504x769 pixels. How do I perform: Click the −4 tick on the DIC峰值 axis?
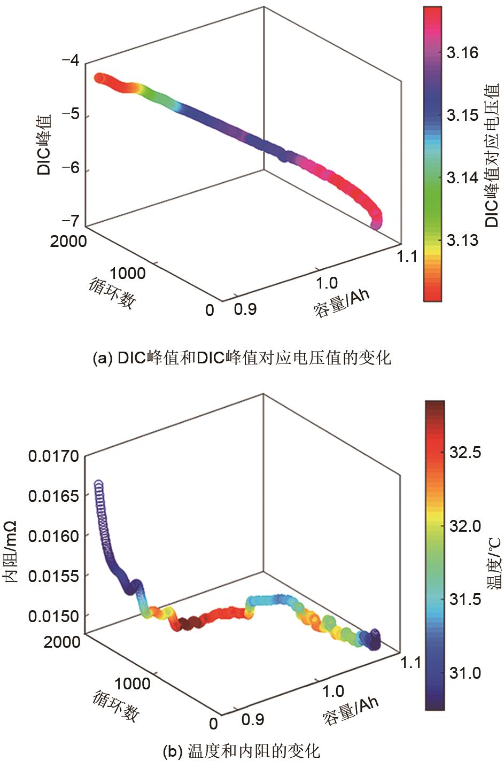click(71, 60)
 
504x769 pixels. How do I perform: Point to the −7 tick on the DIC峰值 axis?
click(71, 220)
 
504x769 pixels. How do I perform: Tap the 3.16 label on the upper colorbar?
click(462, 53)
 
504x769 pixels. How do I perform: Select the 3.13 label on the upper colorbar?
click(462, 240)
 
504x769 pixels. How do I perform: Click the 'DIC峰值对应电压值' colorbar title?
click(492, 155)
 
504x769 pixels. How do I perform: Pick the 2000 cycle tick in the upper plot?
click(68, 242)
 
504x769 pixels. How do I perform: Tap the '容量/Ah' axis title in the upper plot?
click(342, 303)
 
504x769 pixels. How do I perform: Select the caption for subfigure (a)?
click(242, 358)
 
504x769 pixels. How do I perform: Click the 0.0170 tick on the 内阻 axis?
click(53, 456)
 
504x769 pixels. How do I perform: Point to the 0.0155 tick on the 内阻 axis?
click(53, 576)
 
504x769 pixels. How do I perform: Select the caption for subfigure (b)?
click(241, 751)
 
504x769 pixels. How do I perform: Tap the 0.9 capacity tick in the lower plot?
click(252, 720)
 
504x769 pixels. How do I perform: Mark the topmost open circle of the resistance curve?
click(98, 485)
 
